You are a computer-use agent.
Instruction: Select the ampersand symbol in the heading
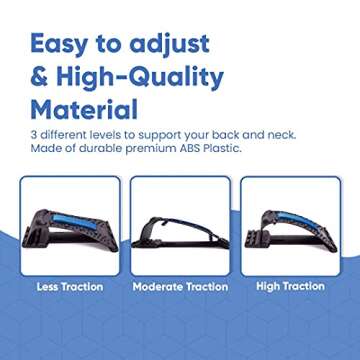[x=41, y=75]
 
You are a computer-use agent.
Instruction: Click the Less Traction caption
[x=69, y=287]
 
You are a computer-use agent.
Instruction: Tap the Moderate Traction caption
[x=180, y=287]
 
